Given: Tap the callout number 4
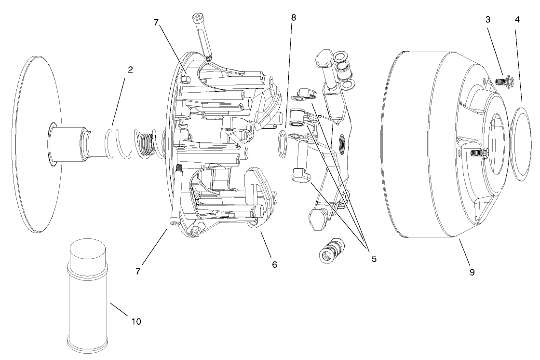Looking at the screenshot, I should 517,20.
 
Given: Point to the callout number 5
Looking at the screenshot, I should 374,259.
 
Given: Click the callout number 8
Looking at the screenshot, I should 294,18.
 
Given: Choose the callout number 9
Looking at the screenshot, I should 472,272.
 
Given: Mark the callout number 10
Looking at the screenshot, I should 136,321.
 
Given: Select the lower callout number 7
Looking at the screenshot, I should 138,271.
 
